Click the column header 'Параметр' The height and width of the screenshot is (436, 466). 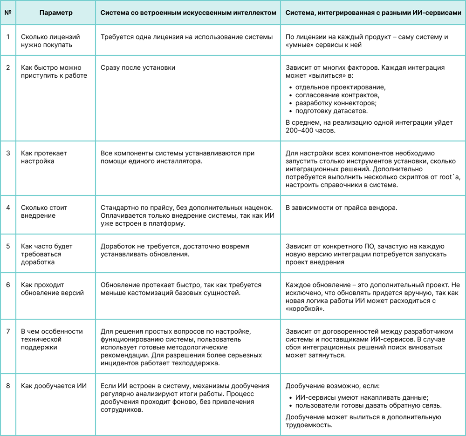coord(56,13)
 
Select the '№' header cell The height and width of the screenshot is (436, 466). coord(8,13)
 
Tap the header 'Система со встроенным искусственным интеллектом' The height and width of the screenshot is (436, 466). coord(188,13)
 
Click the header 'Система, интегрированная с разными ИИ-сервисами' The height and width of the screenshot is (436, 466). coord(373,13)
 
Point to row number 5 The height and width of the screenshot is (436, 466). coord(8,246)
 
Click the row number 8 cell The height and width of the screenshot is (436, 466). coord(8,386)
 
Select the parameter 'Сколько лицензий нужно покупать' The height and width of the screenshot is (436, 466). coord(50,41)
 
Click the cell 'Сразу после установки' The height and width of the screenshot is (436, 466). coord(138,67)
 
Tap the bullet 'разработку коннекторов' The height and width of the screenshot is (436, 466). coord(336,103)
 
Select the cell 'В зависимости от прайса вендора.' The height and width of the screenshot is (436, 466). coord(342,208)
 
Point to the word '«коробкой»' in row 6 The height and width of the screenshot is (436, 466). coord(305,309)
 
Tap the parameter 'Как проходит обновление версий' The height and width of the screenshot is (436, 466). coord(52,288)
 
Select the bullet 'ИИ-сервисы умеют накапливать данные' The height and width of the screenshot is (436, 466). coord(362,397)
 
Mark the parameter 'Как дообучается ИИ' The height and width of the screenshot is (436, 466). coord(54,386)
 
